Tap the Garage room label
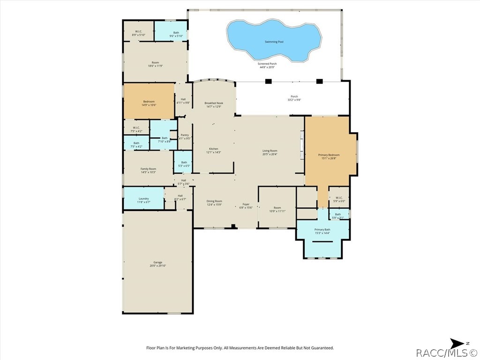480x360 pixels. (157, 262)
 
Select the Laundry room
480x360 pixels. (143, 199)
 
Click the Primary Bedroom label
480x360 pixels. (329, 155)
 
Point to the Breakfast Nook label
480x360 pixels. (214, 103)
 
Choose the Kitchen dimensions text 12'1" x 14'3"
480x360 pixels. (214, 152)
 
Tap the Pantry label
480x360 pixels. (185, 135)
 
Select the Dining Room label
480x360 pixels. (214, 201)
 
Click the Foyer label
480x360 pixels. (246, 204)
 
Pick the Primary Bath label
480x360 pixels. (322, 230)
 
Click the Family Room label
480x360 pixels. (148, 169)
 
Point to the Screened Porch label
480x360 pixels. (267, 64)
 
